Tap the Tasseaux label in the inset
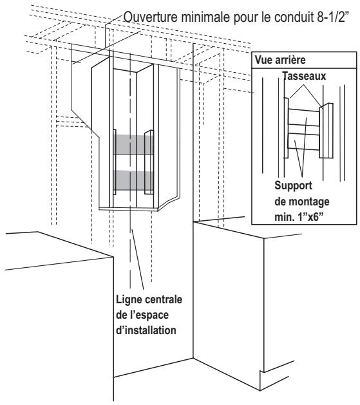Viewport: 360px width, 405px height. pyautogui.click(x=296, y=75)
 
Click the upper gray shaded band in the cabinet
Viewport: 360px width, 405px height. pyautogui.click(x=131, y=143)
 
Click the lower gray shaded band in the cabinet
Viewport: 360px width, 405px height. pyautogui.click(x=131, y=176)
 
